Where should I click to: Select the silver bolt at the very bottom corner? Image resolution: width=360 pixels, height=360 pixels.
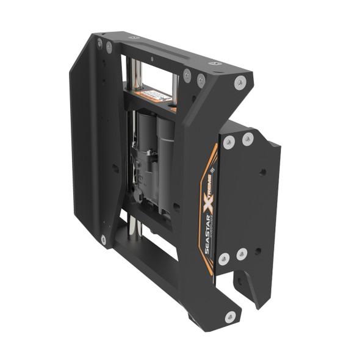click(230, 316)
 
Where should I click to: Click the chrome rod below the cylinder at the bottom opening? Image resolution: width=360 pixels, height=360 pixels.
click(135, 228)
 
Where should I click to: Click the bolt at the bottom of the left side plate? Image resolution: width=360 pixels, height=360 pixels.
click(103, 239)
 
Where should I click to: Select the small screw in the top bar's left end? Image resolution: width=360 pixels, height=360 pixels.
click(134, 38)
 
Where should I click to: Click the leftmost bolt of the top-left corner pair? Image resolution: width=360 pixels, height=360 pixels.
click(99, 43)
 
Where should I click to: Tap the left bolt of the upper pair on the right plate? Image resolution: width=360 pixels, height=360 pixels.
click(228, 142)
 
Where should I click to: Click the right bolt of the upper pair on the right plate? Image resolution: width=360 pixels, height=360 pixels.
click(247, 139)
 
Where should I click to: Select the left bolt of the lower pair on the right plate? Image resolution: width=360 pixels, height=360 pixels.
click(225, 258)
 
